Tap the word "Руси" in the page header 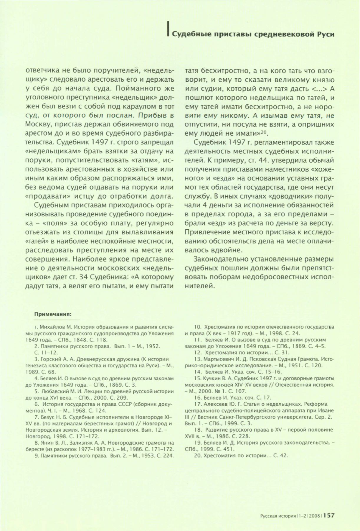pyautogui.click(x=326, y=34)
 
